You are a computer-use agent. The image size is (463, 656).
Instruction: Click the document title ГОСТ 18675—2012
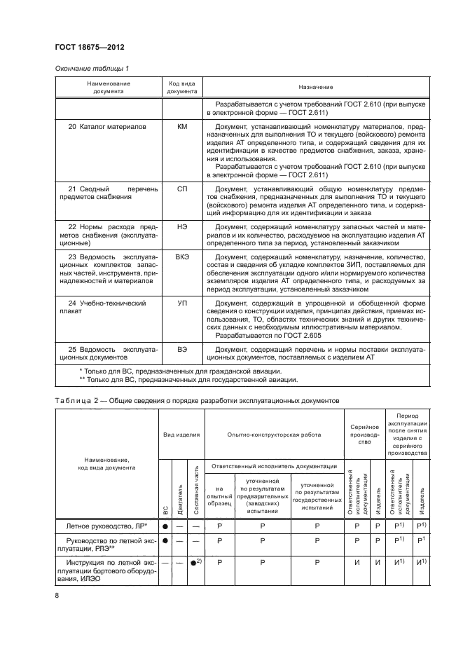(x=85, y=48)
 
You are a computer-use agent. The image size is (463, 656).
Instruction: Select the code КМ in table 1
(x=182, y=128)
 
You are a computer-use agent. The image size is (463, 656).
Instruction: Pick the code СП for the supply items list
(x=182, y=189)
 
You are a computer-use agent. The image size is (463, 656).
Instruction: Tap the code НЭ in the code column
(x=182, y=227)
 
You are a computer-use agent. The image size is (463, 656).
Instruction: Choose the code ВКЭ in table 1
(x=182, y=258)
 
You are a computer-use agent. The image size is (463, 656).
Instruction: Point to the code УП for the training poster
(x=182, y=303)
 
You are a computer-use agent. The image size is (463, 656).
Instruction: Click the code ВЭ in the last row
(x=182, y=348)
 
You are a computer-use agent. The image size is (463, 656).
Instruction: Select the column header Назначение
(x=315, y=88)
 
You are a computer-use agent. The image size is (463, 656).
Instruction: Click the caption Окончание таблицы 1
(x=91, y=68)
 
